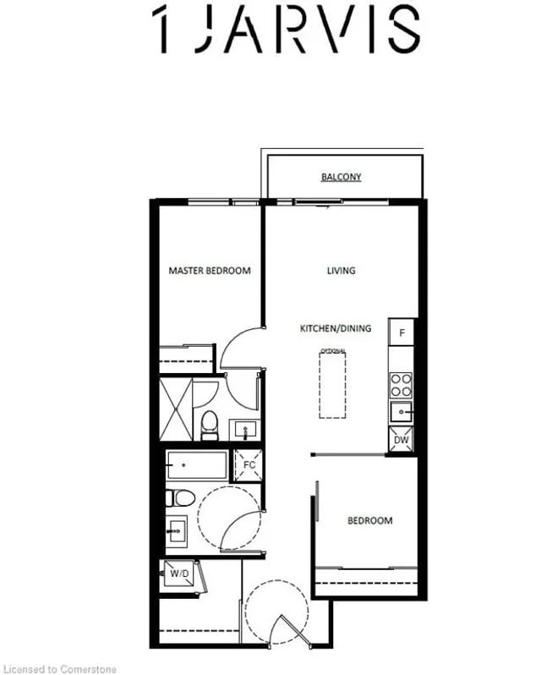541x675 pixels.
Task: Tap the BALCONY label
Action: [341, 177]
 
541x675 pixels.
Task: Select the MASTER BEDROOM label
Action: [210, 271]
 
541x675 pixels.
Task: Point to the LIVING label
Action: [341, 271]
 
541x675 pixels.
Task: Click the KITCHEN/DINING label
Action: [336, 328]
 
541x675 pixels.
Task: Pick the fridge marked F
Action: [402, 332]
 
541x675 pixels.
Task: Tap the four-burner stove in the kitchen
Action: [400, 386]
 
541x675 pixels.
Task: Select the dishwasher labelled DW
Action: [401, 440]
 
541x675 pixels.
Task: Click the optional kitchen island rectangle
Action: [332, 385]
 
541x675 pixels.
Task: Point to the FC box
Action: [249, 465]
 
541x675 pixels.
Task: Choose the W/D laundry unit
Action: [179, 573]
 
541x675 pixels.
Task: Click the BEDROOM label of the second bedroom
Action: [370, 520]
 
